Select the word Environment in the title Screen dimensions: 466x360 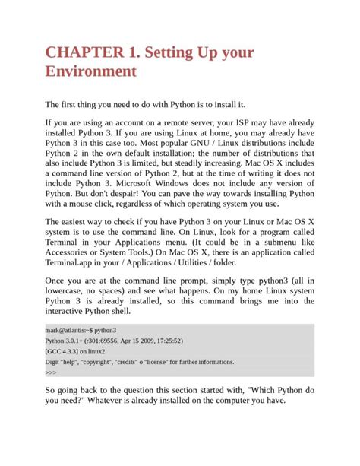91,72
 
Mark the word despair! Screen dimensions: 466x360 131,194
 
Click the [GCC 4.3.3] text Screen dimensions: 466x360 65,353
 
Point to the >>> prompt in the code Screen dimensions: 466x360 51,374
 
